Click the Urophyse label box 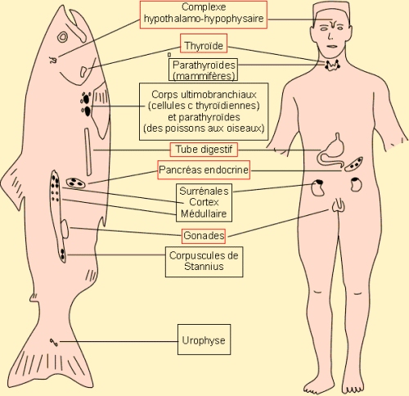204,340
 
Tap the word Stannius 204,267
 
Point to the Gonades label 204,236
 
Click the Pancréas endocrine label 204,170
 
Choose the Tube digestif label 204,150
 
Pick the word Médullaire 204,214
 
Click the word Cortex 204,202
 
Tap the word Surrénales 204,191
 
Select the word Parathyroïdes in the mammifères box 204,65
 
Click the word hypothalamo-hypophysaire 204,19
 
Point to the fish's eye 63,37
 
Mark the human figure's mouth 332,46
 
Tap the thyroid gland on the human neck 332,65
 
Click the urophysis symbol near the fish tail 54,342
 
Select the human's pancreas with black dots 353,164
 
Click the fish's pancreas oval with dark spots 75,183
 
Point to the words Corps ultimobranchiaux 204,95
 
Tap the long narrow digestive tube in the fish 88,152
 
